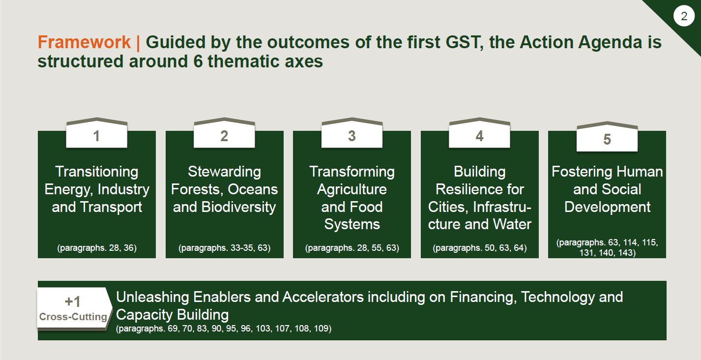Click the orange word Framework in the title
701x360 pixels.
point(84,42)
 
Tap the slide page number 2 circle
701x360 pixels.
point(684,16)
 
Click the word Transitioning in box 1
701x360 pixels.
point(97,172)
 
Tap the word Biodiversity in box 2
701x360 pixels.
point(238,207)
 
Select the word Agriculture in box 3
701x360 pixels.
point(352,189)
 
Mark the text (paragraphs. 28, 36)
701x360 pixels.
point(97,248)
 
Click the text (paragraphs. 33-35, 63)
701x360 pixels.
point(224,248)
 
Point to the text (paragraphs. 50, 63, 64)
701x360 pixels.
point(480,248)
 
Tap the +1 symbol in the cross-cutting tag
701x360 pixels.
point(73,301)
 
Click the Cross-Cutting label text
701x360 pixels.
point(73,317)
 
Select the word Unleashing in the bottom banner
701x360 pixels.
point(152,297)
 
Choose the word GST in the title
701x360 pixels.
point(464,42)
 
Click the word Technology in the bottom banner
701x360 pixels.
point(557,297)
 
